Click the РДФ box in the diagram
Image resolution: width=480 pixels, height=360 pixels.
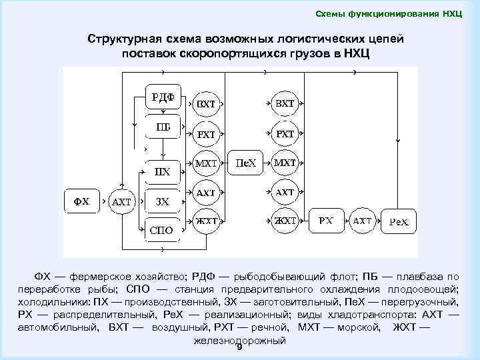click(163, 97)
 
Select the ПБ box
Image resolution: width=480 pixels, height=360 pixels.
click(163, 127)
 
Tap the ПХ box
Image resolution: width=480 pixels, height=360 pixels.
click(163, 172)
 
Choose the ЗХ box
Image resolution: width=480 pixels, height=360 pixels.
click(163, 201)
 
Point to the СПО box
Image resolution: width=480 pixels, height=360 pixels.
click(163, 230)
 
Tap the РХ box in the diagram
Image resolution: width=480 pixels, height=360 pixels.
click(326, 221)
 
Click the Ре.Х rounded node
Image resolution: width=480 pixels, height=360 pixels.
click(400, 221)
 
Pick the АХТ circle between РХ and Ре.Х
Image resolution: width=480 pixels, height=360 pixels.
click(363, 221)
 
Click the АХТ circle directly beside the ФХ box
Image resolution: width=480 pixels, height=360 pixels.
click(121, 201)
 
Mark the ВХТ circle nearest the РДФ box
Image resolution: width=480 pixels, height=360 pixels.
click(205, 104)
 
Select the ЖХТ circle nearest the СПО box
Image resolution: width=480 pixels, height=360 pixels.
click(205, 221)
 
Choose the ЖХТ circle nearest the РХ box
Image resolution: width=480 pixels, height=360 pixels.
click(285, 221)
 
